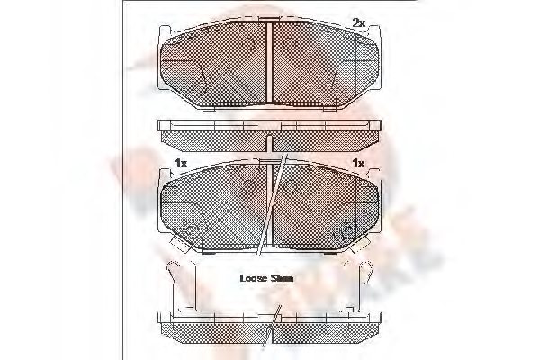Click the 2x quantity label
coord(359,22)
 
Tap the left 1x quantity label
coord(180,164)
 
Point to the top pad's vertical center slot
coord(270,63)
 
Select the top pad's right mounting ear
coord(379,67)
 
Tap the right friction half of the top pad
coord(324,65)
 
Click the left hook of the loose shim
coord(171,270)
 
